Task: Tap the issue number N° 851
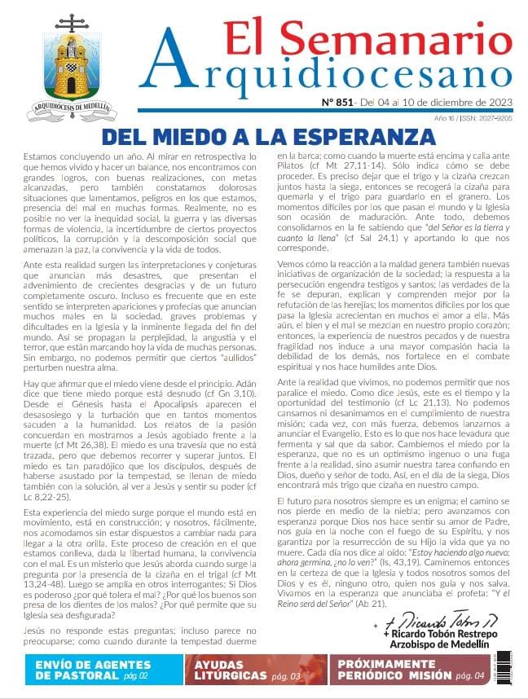(x=337, y=103)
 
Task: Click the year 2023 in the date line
(x=498, y=103)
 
